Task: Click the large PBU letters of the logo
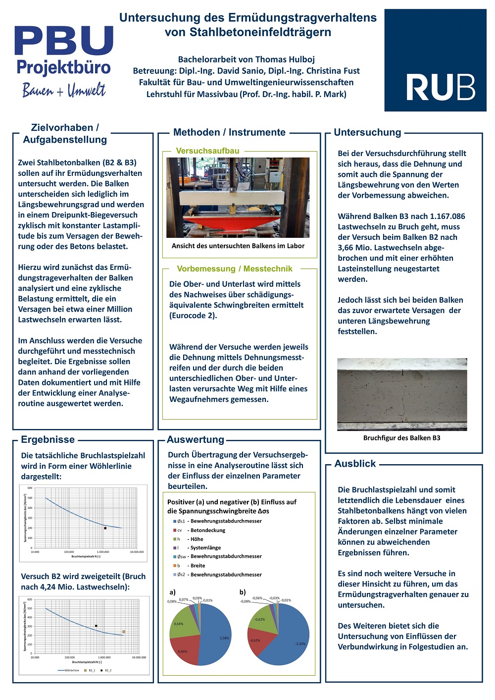tap(64, 41)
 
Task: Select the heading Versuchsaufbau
tap(207, 151)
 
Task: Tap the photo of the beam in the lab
tap(238, 197)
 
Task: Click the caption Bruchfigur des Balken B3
tap(401, 438)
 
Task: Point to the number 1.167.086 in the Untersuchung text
tap(443, 216)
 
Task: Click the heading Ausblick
tap(355, 464)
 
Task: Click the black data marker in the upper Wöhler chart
tap(105, 528)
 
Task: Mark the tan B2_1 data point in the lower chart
tap(124, 632)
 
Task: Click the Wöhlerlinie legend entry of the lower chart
tap(71, 670)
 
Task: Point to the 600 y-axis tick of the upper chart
tap(30, 488)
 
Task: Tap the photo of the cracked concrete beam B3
tap(401, 394)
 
